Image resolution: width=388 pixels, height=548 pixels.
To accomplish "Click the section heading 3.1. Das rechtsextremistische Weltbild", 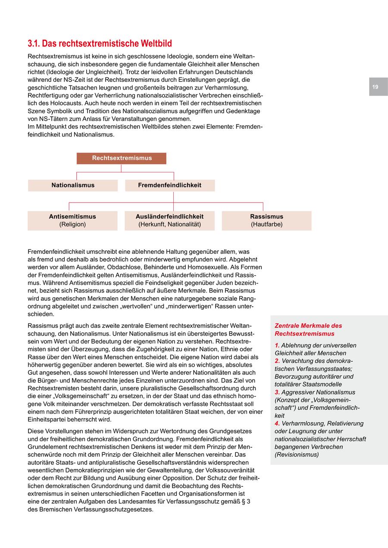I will point(100,44).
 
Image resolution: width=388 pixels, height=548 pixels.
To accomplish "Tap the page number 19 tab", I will point(375,87).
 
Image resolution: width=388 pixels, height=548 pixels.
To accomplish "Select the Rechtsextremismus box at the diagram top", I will point(122,158).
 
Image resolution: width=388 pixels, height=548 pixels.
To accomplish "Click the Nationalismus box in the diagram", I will point(73,185).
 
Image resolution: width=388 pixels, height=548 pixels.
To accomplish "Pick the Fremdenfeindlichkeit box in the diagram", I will point(170,185).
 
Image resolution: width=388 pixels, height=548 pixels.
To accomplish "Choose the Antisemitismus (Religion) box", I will point(72,220).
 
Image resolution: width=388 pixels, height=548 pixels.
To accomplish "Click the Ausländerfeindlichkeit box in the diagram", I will point(169,220).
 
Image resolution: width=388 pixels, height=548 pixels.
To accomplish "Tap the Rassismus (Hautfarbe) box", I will point(266,220).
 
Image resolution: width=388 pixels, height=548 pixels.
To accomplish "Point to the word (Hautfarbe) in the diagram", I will point(266,224).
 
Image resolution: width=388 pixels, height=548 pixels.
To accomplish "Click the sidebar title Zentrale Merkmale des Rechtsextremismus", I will point(308,330).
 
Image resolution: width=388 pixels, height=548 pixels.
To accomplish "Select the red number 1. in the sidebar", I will point(277,346).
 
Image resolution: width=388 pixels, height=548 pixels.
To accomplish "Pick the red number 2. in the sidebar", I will point(277,361).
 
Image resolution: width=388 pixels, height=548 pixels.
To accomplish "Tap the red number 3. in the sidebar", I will point(277,392).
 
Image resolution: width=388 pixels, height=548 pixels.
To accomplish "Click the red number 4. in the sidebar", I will point(277,423).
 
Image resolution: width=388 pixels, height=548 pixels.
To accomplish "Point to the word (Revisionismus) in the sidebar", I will point(297,455).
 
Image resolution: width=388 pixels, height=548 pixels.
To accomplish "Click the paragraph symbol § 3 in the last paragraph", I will point(247,501).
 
